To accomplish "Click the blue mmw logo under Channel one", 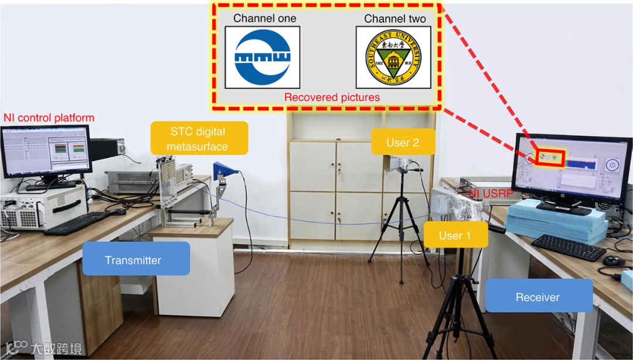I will click(263, 57).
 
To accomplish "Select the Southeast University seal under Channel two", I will click(393, 57).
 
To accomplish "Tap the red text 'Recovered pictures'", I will click(332, 97).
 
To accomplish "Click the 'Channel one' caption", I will click(264, 18).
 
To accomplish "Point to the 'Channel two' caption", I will click(394, 18).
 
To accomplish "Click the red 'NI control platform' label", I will click(49, 118).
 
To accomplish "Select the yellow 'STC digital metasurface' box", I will click(198, 138).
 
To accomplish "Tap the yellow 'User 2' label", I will click(403, 142).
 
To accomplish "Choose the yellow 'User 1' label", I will click(455, 236).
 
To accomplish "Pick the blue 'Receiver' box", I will click(538, 297).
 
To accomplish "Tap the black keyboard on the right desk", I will click(567, 247).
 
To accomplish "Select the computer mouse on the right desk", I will click(613, 260).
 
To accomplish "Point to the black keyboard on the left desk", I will click(77, 223).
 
